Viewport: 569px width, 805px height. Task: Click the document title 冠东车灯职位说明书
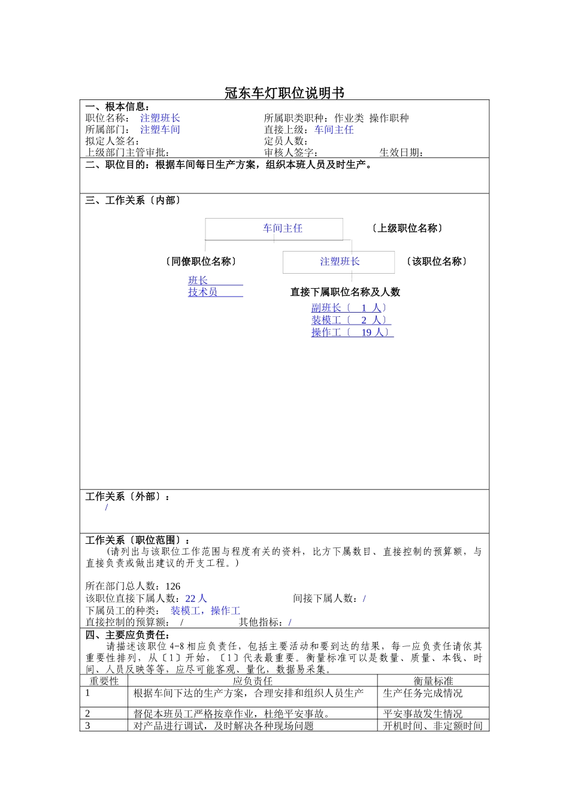284,93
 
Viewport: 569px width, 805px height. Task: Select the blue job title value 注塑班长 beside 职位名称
160,118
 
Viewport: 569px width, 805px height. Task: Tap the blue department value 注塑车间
160,129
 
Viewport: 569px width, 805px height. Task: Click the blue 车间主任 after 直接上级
334,129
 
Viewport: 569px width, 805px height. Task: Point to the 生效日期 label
401,152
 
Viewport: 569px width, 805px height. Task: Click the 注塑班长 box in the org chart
339,262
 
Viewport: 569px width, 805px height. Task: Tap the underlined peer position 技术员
203,292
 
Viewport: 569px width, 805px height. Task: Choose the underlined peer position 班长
198,280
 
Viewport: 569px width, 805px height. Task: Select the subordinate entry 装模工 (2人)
350,320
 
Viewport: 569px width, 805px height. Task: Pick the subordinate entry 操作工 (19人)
352,332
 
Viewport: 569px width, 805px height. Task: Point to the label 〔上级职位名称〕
407,228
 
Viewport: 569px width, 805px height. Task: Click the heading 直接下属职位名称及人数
345,292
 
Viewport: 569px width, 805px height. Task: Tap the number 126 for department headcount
172,586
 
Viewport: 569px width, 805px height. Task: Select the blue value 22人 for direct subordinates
196,598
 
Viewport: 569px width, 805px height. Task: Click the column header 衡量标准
433,681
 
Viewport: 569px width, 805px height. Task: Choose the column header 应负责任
252,681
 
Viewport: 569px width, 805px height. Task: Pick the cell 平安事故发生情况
422,714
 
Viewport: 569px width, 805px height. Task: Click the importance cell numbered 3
87,726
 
